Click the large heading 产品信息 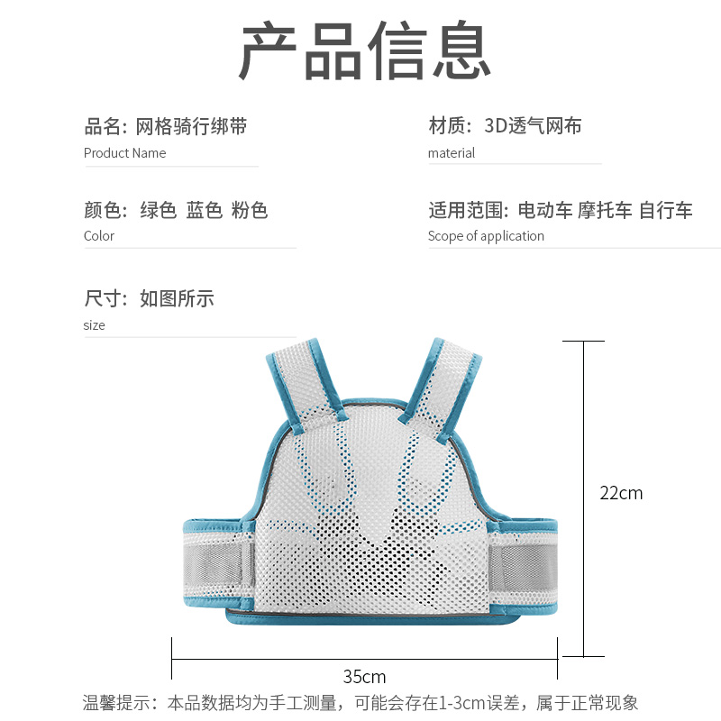pyautogui.click(x=364, y=52)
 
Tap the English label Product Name pyautogui.click(x=124, y=153)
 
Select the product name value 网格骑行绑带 pyautogui.click(x=191, y=126)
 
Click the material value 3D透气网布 pyautogui.click(x=533, y=126)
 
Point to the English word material pyautogui.click(x=451, y=153)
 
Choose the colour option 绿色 pyautogui.click(x=158, y=211)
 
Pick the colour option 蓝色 pyautogui.click(x=204, y=211)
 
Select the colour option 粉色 pyautogui.click(x=250, y=211)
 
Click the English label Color pyautogui.click(x=99, y=236)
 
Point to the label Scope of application pyautogui.click(x=486, y=236)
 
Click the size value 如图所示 pyautogui.click(x=177, y=298)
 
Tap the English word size pyautogui.click(x=94, y=325)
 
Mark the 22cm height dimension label pyautogui.click(x=621, y=493)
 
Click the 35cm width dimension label pyautogui.click(x=364, y=677)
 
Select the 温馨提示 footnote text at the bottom pyautogui.click(x=360, y=703)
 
